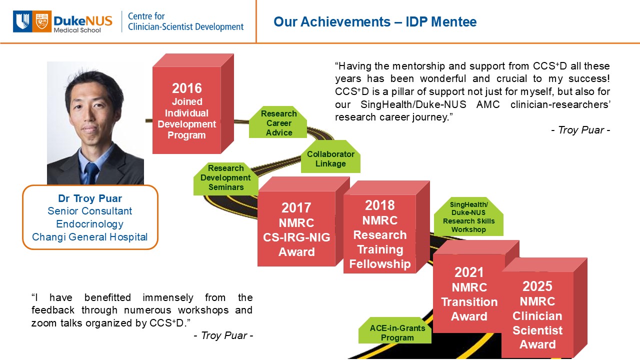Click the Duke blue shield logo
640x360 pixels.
pos(22,21)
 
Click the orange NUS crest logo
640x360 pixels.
pos(42,21)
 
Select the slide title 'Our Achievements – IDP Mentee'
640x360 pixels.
pos(375,21)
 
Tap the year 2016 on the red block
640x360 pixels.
pos(187,88)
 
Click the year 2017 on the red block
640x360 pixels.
pos(296,207)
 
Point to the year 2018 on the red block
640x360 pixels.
pos(379,205)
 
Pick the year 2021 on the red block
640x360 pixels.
pos(469,272)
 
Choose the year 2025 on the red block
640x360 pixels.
pos(537,286)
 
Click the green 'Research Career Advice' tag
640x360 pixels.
pos(278,122)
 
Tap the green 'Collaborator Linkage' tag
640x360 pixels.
pos(330,156)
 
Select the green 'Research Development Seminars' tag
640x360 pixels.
pos(225,179)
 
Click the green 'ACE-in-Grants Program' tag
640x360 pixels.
pos(395,330)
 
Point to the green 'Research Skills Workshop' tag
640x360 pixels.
pos(468,216)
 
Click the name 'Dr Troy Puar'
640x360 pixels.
pos(90,198)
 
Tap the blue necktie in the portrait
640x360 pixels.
pos(91,173)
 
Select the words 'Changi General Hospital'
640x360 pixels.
pos(89,237)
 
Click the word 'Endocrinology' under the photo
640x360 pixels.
pos(89,224)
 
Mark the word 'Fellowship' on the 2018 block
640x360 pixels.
pos(380,264)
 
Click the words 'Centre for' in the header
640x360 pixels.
pos(146,16)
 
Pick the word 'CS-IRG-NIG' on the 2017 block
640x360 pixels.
pos(296,237)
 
